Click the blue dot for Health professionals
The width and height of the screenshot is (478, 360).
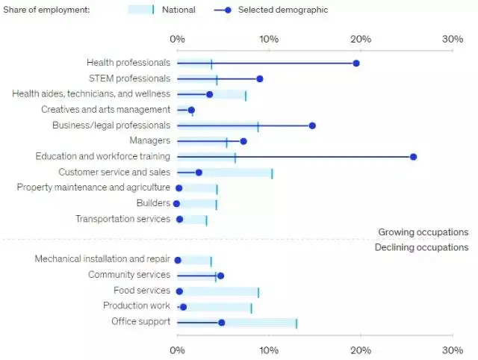coord(356,63)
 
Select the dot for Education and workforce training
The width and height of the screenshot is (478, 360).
coord(413,157)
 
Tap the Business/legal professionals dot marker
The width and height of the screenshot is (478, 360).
coord(312,125)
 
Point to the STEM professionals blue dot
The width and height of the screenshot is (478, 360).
coord(260,78)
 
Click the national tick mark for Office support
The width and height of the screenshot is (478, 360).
coord(297,323)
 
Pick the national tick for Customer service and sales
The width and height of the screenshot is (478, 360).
coord(272,173)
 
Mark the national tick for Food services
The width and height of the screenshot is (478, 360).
coord(258,291)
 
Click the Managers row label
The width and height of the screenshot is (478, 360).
coord(149,141)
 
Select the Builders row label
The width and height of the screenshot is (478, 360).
coord(153,203)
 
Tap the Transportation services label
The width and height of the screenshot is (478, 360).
coord(122,219)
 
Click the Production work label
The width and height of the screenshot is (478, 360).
coord(137,306)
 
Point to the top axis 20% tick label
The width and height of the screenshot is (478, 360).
coord(361,39)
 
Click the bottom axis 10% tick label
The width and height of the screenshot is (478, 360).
coord(269,350)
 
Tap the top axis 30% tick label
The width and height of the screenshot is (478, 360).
coord(453,39)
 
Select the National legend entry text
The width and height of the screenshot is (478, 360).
coord(179,10)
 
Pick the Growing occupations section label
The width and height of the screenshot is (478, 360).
coord(423,232)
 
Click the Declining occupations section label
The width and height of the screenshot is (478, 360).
coord(421,247)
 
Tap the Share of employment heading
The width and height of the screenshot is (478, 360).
coord(47,10)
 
